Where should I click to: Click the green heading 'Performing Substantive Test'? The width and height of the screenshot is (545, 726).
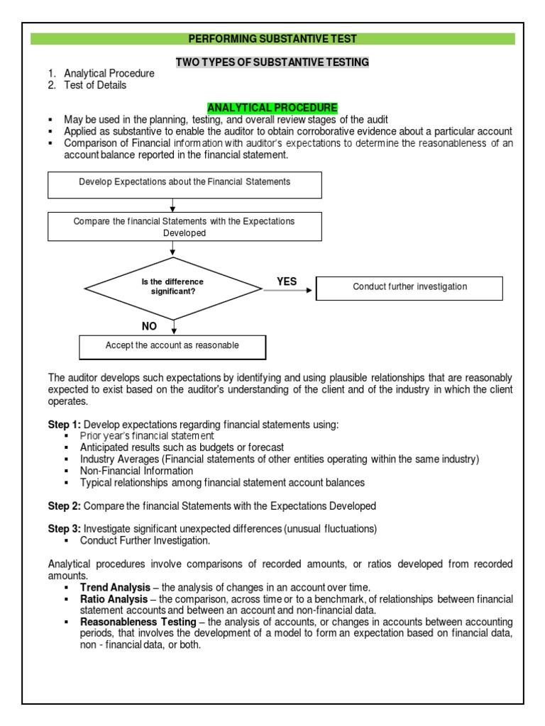272,39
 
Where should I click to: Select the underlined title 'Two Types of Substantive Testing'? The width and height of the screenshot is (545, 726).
272,62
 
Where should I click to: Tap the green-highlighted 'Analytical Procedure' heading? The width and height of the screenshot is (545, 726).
272,108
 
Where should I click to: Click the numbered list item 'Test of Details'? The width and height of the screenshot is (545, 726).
95,85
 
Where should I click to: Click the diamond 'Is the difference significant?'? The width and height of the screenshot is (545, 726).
172,287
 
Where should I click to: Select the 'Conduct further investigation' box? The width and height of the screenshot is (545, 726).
409,287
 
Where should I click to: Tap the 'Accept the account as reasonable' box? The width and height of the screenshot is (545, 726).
172,346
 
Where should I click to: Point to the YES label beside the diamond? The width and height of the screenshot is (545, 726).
287,281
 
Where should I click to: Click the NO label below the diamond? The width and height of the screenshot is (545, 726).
148,326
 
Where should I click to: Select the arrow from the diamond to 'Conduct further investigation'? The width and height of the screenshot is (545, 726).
287,291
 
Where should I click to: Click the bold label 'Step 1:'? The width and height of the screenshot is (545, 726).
65,425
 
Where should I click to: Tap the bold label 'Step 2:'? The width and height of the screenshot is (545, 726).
65,506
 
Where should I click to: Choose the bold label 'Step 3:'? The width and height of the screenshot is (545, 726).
65,529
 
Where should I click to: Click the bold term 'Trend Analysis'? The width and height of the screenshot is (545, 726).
115,587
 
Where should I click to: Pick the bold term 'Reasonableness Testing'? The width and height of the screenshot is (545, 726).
138,622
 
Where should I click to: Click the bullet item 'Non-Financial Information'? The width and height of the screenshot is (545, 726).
136,471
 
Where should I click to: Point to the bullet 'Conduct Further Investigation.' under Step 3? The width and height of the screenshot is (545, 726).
145,540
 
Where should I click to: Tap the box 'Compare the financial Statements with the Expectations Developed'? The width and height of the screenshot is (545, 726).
184,227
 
